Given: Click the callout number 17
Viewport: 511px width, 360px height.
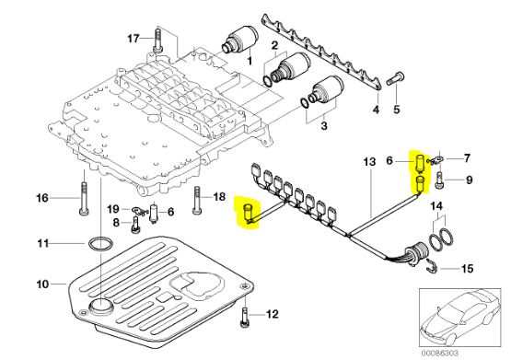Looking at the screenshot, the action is [134, 39].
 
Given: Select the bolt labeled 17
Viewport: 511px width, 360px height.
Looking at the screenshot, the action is [157, 40].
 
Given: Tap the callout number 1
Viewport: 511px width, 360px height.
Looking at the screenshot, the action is [250, 61].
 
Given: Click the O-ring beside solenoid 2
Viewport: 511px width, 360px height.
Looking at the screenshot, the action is [267, 81].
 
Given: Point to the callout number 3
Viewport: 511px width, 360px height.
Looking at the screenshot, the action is [324, 125].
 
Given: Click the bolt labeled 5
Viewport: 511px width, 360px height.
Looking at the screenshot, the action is [396, 78].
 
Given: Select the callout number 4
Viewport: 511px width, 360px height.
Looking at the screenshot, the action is [376, 110].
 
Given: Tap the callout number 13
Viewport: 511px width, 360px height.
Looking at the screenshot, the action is [369, 161].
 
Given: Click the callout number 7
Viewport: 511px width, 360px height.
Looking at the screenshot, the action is [467, 158].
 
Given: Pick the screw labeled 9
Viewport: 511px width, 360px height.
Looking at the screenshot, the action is [438, 180].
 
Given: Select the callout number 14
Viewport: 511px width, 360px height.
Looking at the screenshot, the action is [436, 206].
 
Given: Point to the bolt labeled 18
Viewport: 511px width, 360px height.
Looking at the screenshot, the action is [197, 200].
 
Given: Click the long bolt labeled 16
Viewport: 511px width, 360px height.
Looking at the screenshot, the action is [84, 197].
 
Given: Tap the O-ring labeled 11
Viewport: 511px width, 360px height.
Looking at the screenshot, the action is [100, 244].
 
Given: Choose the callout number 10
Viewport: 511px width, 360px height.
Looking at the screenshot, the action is [42, 285].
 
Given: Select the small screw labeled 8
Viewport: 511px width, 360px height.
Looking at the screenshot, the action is [136, 225].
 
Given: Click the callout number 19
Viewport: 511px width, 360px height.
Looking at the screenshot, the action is [113, 209].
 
